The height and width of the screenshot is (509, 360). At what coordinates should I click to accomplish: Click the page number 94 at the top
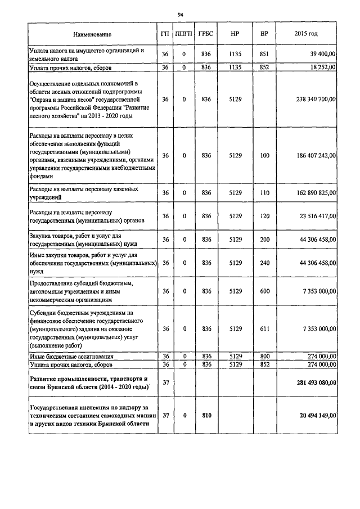[x=180, y=15]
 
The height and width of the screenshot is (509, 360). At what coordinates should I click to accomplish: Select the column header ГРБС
[x=206, y=34]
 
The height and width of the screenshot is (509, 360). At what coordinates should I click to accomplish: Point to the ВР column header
[x=264, y=34]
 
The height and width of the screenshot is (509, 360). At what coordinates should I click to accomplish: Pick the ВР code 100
[x=264, y=155]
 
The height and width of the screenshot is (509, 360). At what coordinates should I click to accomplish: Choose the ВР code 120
[x=264, y=216]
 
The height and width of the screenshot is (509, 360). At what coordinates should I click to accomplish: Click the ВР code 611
[x=264, y=328]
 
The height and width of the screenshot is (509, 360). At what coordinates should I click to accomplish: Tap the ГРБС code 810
[x=206, y=415]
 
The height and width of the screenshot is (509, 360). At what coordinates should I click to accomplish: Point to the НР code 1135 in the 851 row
[x=235, y=54]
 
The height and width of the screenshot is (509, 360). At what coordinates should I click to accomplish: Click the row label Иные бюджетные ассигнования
[x=71, y=357]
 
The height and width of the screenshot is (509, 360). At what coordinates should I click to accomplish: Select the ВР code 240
[x=264, y=263]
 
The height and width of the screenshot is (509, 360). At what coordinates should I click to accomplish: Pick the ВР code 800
[x=264, y=357]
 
